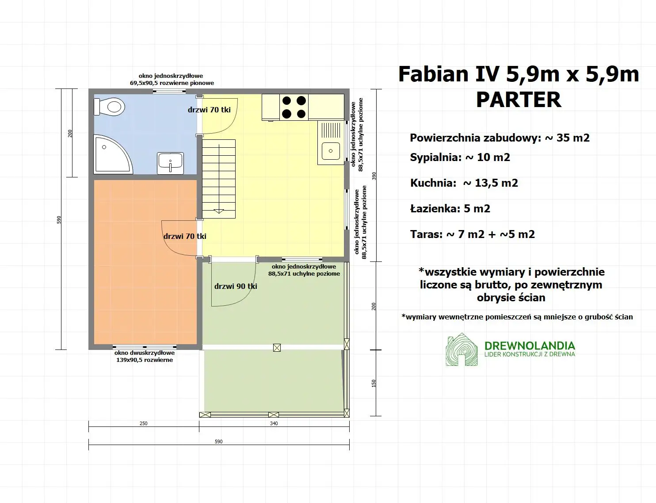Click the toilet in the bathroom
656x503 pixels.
pyautogui.click(x=110, y=107)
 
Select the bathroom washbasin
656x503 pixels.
pyautogui.click(x=171, y=162)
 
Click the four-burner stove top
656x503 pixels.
pyautogui.click(x=294, y=107)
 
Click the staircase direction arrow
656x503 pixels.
pyautogui.click(x=219, y=211)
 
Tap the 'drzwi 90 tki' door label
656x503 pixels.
pyautogui.click(x=236, y=286)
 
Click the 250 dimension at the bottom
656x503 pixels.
pyautogui.click(x=144, y=423)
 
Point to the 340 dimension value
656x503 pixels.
pyautogui.click(x=274, y=423)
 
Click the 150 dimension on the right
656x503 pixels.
pyautogui.click(x=374, y=383)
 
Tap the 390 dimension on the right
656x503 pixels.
pyautogui.click(x=374, y=176)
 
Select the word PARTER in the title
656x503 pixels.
pyautogui.click(x=519, y=100)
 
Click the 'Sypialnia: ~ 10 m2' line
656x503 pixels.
pyautogui.click(x=460, y=157)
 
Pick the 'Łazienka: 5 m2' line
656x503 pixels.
pyautogui.click(x=450, y=209)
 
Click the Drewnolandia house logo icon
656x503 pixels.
pyautogui.click(x=461, y=350)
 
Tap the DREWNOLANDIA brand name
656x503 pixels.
pyautogui.click(x=530, y=346)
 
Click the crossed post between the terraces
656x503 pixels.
pyautogui.click(x=277, y=348)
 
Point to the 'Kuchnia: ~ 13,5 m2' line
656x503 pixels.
pyautogui.click(x=464, y=183)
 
